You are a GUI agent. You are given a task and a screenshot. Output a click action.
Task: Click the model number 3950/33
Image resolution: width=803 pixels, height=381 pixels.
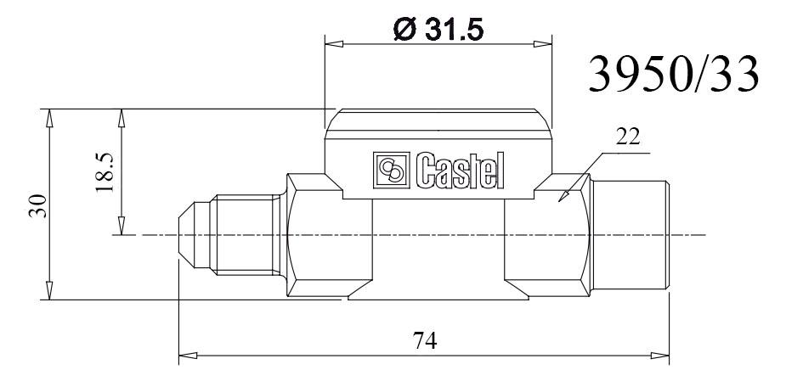tap(674, 75)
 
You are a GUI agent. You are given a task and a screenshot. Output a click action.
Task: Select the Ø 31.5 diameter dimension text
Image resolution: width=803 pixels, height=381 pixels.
tap(438, 31)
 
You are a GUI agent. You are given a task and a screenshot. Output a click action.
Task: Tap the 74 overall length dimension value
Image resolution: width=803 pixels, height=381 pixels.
tap(425, 340)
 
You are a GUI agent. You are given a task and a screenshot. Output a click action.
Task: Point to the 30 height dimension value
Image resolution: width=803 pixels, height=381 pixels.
tap(39, 205)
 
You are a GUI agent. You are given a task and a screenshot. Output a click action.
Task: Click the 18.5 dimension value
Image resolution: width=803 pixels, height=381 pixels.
tap(105, 172)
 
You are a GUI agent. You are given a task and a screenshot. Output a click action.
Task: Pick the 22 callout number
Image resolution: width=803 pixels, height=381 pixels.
tap(628, 137)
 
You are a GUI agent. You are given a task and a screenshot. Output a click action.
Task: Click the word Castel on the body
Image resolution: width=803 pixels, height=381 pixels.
tap(460, 171)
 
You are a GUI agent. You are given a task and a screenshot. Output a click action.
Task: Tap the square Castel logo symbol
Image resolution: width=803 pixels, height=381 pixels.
tap(392, 169)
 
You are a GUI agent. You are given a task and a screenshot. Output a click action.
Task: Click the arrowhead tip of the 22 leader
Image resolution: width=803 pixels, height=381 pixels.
tap(559, 201)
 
